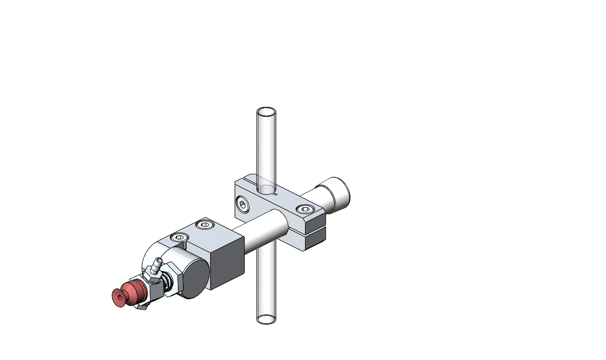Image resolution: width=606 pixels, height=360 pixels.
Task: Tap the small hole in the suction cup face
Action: [120, 298]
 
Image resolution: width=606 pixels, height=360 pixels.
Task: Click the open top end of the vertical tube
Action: [266, 113]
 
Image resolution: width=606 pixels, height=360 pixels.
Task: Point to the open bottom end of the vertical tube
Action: [266, 319]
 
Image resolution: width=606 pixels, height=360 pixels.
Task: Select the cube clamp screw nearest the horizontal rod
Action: [205, 225]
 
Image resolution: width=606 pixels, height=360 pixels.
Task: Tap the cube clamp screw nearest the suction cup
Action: [179, 238]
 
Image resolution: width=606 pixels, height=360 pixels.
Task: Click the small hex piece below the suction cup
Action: [142, 308]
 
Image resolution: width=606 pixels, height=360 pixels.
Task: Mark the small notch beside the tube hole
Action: [275, 194]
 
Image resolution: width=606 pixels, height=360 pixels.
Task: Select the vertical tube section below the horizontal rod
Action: [266, 285]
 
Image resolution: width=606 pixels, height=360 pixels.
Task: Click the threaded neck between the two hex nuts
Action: [167, 282]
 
